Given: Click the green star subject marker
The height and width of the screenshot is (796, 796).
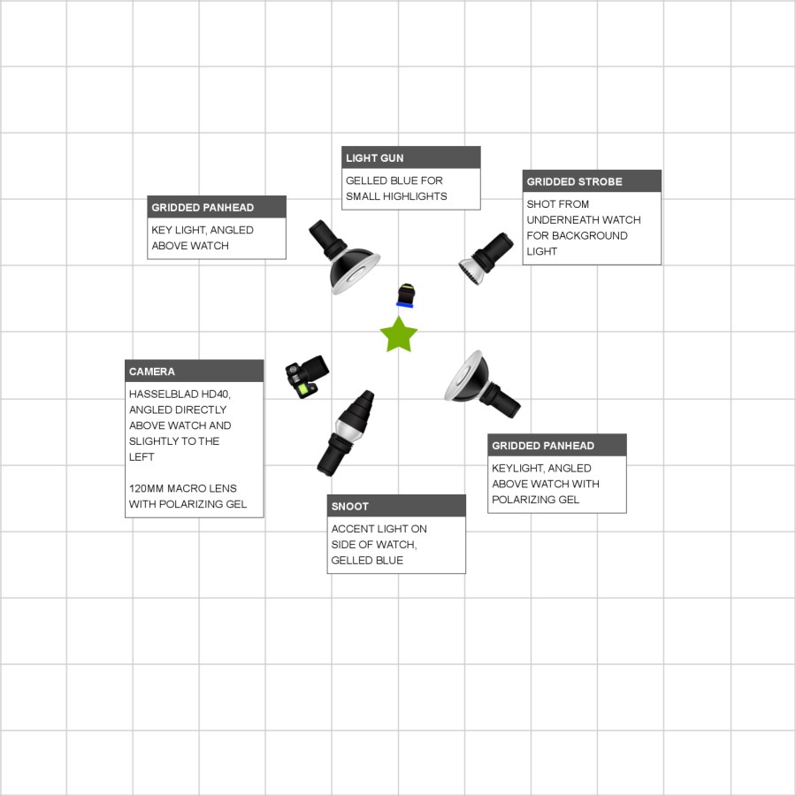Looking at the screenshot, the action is (398, 335).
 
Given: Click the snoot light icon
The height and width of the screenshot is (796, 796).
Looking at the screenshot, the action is (347, 431).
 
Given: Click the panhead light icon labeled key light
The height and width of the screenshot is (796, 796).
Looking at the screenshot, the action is (344, 257).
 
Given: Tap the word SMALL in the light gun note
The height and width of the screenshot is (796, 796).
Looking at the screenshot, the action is (363, 196).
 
